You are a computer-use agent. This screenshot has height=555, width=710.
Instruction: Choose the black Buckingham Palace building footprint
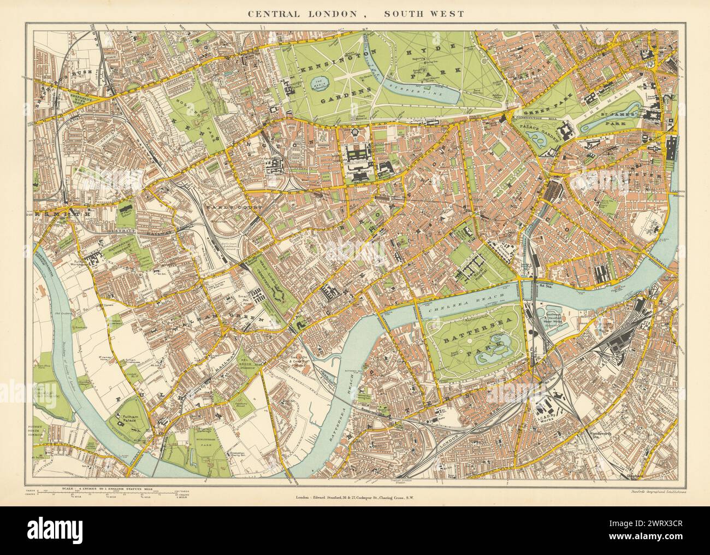click(581, 129)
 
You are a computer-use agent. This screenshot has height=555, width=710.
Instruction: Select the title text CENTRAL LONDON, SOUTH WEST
click(355, 14)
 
